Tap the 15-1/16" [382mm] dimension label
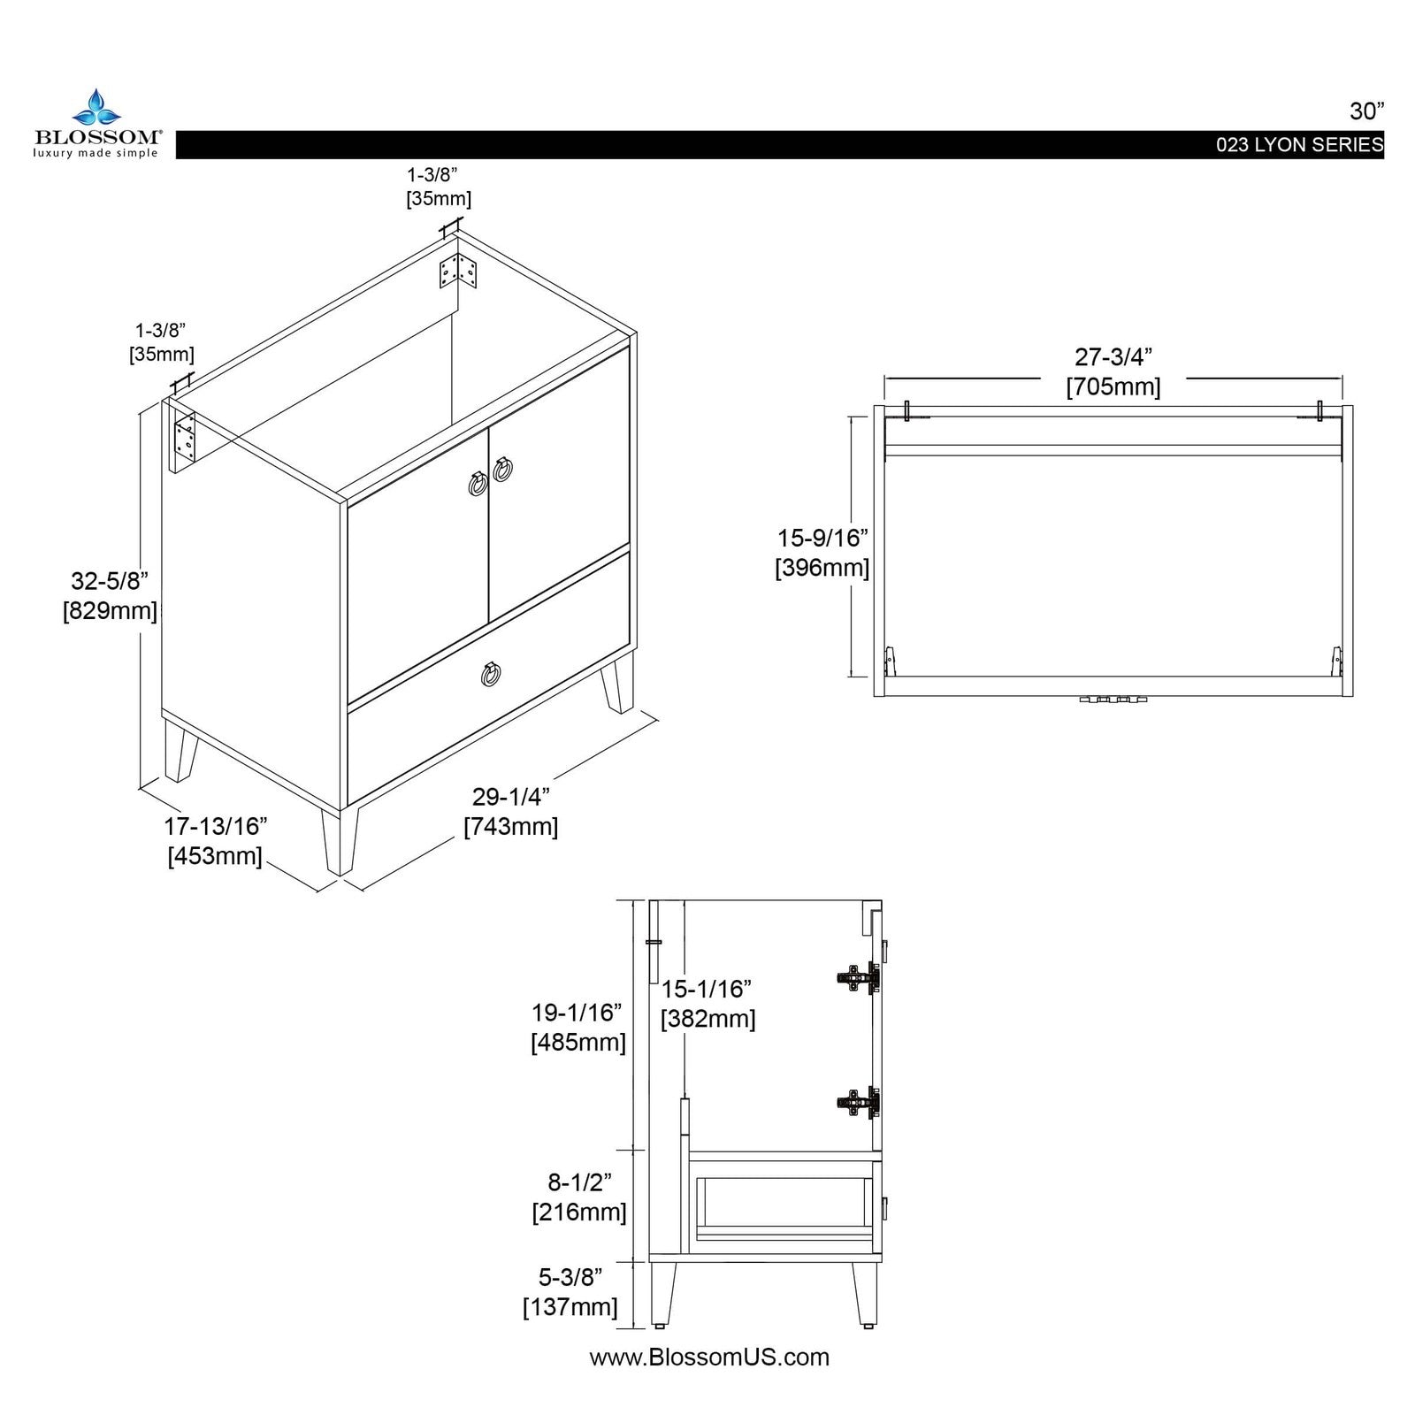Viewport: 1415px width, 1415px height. [707, 1003]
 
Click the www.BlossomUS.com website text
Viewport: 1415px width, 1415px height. [709, 1358]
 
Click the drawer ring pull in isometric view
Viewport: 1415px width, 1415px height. [491, 674]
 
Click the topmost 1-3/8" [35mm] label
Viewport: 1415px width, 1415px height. [439, 187]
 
